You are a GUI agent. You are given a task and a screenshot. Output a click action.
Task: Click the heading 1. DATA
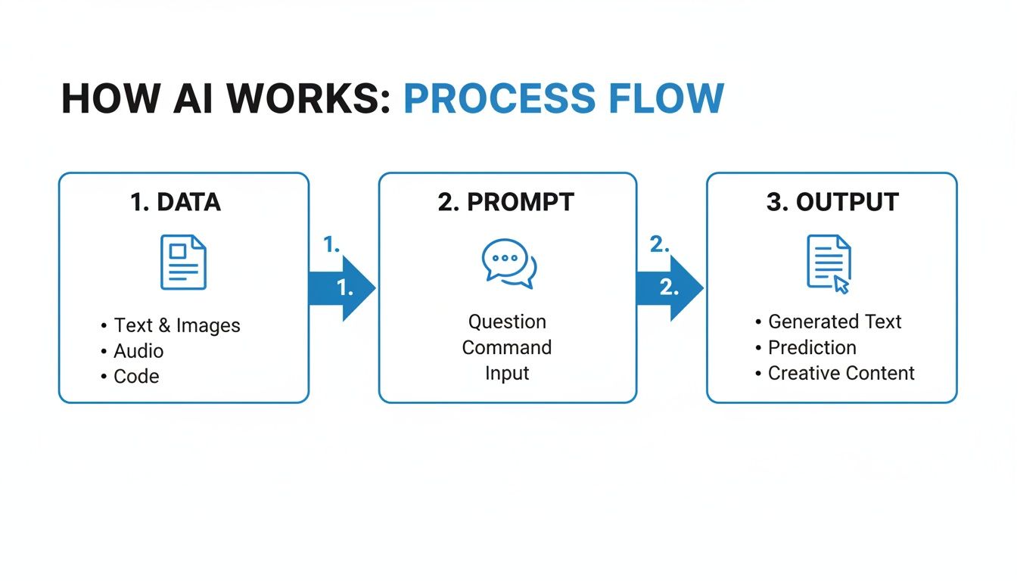pos(176,202)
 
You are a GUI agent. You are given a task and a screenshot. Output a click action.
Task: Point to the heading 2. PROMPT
pos(506,202)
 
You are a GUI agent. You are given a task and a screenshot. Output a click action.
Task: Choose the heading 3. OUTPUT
pos(832,202)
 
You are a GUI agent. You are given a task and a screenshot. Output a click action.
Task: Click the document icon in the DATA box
pos(183,262)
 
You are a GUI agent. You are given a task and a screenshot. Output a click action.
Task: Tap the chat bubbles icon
pos(508,263)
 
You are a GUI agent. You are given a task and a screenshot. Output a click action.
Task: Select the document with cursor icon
pos(829,263)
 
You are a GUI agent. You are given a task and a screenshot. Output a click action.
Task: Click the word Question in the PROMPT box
pos(507,322)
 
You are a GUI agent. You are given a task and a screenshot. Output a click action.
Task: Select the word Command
pos(507,347)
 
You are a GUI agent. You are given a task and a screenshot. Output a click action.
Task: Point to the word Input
pos(507,373)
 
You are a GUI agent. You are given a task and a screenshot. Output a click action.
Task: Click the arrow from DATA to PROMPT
pos(342,288)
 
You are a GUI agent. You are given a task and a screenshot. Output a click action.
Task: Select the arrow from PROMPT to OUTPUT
pos(669,288)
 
